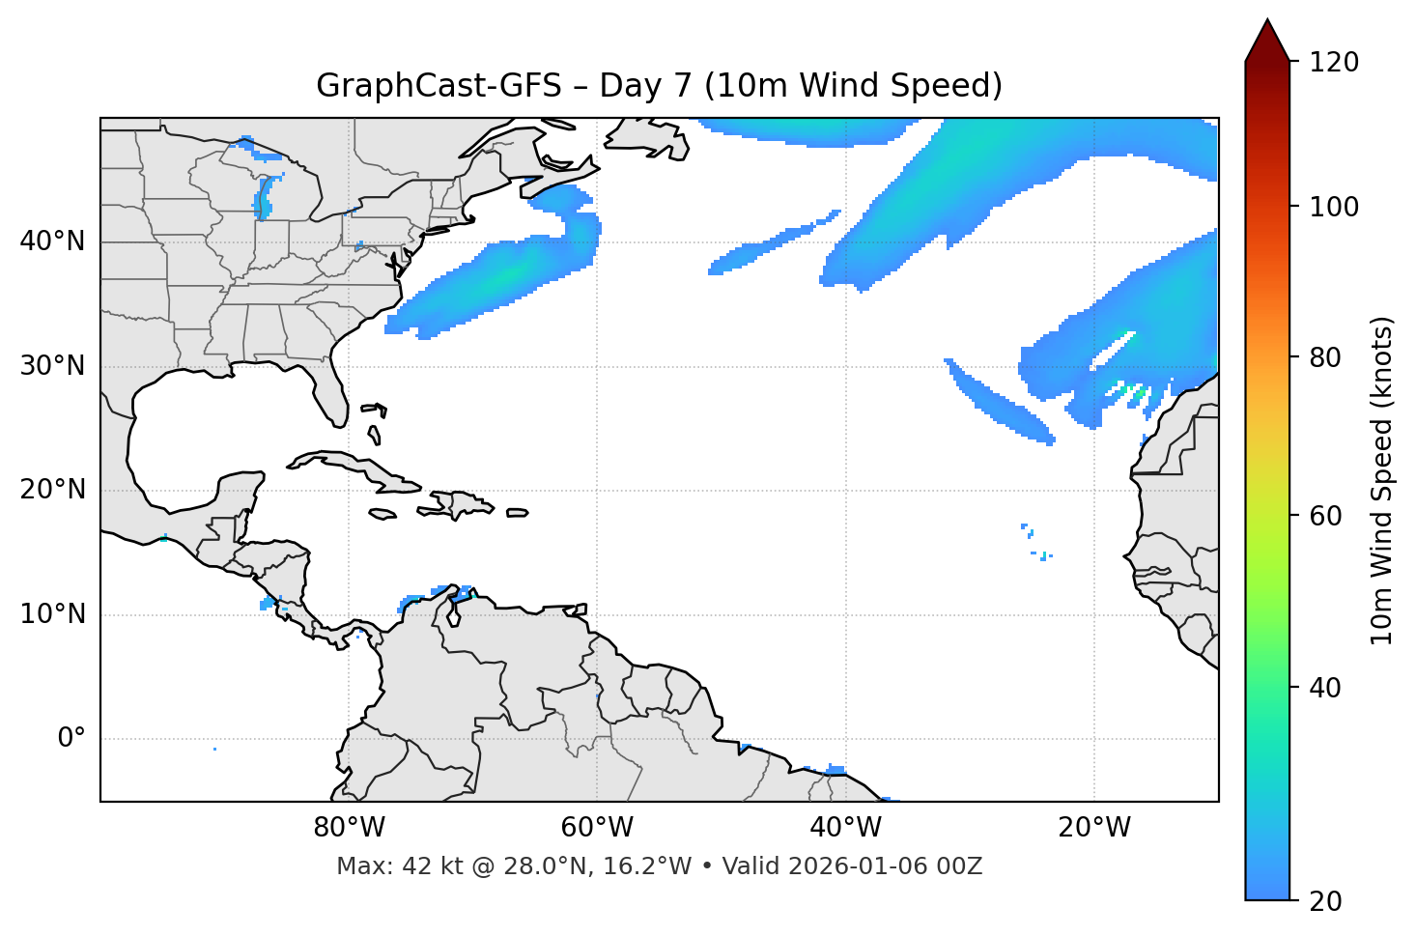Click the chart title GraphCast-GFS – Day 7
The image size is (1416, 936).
coord(659,86)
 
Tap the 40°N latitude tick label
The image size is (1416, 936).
coord(52,241)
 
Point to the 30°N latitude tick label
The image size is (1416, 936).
coord(52,366)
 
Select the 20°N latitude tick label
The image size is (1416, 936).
coord(52,490)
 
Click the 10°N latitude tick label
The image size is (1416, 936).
coord(52,614)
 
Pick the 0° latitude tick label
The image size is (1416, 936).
coord(71,739)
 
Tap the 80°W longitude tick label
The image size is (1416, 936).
coord(349,828)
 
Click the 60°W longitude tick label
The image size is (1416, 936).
coord(597,828)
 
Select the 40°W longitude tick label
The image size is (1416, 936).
coord(845,828)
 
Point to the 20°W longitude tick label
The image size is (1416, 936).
coord(1093,828)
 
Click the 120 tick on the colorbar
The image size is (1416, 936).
coord(1335,63)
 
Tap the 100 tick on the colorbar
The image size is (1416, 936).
coord(1335,207)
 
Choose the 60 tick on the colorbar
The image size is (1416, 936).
coord(1328,516)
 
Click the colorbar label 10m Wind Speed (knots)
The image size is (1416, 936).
coord(1382,481)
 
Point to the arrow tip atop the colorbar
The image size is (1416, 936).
coord(1267,21)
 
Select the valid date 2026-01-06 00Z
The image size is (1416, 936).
coord(885,866)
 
